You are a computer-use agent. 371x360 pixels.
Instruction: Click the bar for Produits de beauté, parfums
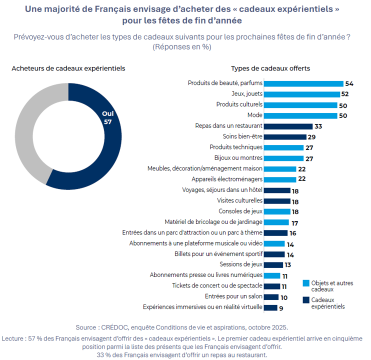click(x=303, y=83)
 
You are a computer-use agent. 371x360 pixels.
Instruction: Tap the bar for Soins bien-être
click(x=284, y=137)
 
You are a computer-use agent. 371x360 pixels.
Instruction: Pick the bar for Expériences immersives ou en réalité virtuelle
click(x=270, y=307)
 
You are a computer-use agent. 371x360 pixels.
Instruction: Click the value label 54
click(x=349, y=83)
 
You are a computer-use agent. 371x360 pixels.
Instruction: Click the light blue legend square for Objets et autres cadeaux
click(x=305, y=283)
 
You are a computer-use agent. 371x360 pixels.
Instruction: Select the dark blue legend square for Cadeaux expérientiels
click(x=305, y=300)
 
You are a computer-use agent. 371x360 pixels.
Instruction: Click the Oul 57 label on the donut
click(x=107, y=117)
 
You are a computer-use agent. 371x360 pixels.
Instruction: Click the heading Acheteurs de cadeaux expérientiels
click(x=68, y=68)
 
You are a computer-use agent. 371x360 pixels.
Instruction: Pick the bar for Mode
click(x=300, y=115)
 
